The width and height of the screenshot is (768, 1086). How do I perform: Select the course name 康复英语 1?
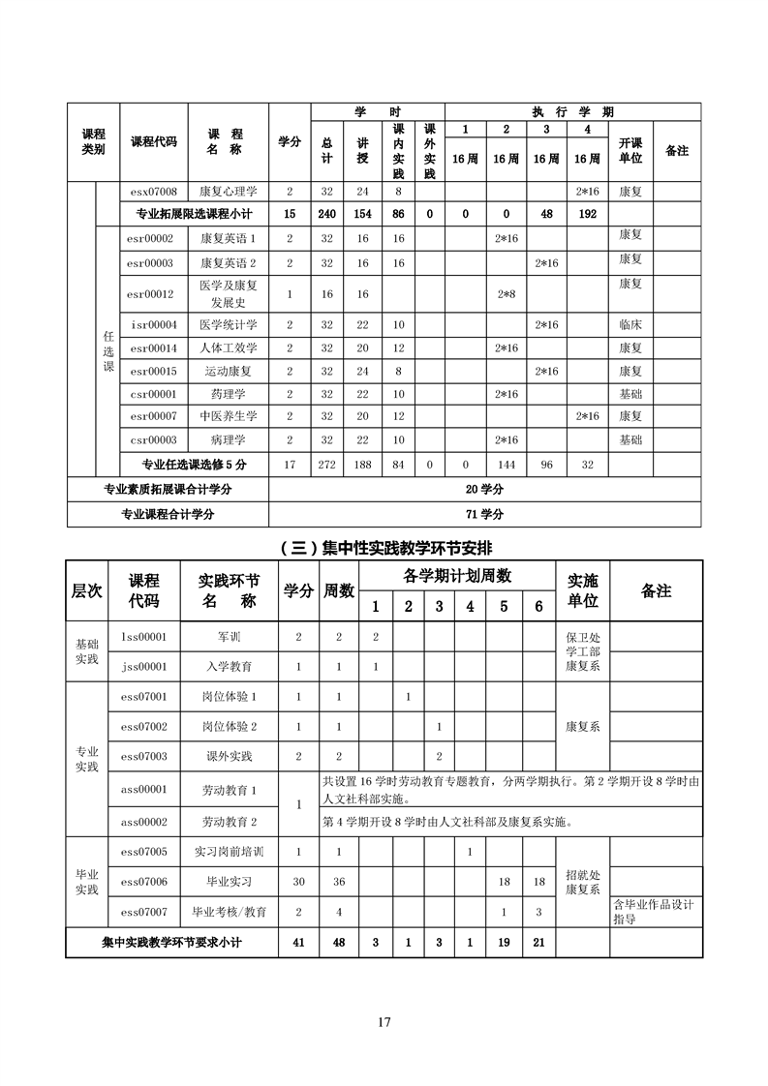pyautogui.click(x=228, y=238)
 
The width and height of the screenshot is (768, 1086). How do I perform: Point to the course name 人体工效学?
pyautogui.click(x=228, y=347)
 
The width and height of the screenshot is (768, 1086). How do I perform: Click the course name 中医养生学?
pyautogui.click(x=228, y=416)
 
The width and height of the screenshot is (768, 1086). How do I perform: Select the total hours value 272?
pyautogui.click(x=326, y=465)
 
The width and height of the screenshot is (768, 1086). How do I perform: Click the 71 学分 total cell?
pyautogui.click(x=484, y=514)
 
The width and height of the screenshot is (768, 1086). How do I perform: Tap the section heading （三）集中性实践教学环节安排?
pyautogui.click(x=384, y=547)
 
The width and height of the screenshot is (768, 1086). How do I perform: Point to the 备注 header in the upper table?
pyautogui.click(x=677, y=150)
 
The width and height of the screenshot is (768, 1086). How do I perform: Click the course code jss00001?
pyautogui.click(x=144, y=667)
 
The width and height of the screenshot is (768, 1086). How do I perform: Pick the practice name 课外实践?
pyautogui.click(x=230, y=756)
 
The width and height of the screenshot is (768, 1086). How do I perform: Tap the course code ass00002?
pyautogui.click(x=144, y=822)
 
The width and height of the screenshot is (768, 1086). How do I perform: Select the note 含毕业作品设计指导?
pyautogui.click(x=654, y=912)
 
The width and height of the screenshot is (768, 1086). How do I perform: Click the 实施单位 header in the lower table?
pyautogui.click(x=582, y=590)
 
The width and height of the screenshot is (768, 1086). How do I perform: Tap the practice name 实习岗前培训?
pyautogui.click(x=230, y=852)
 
